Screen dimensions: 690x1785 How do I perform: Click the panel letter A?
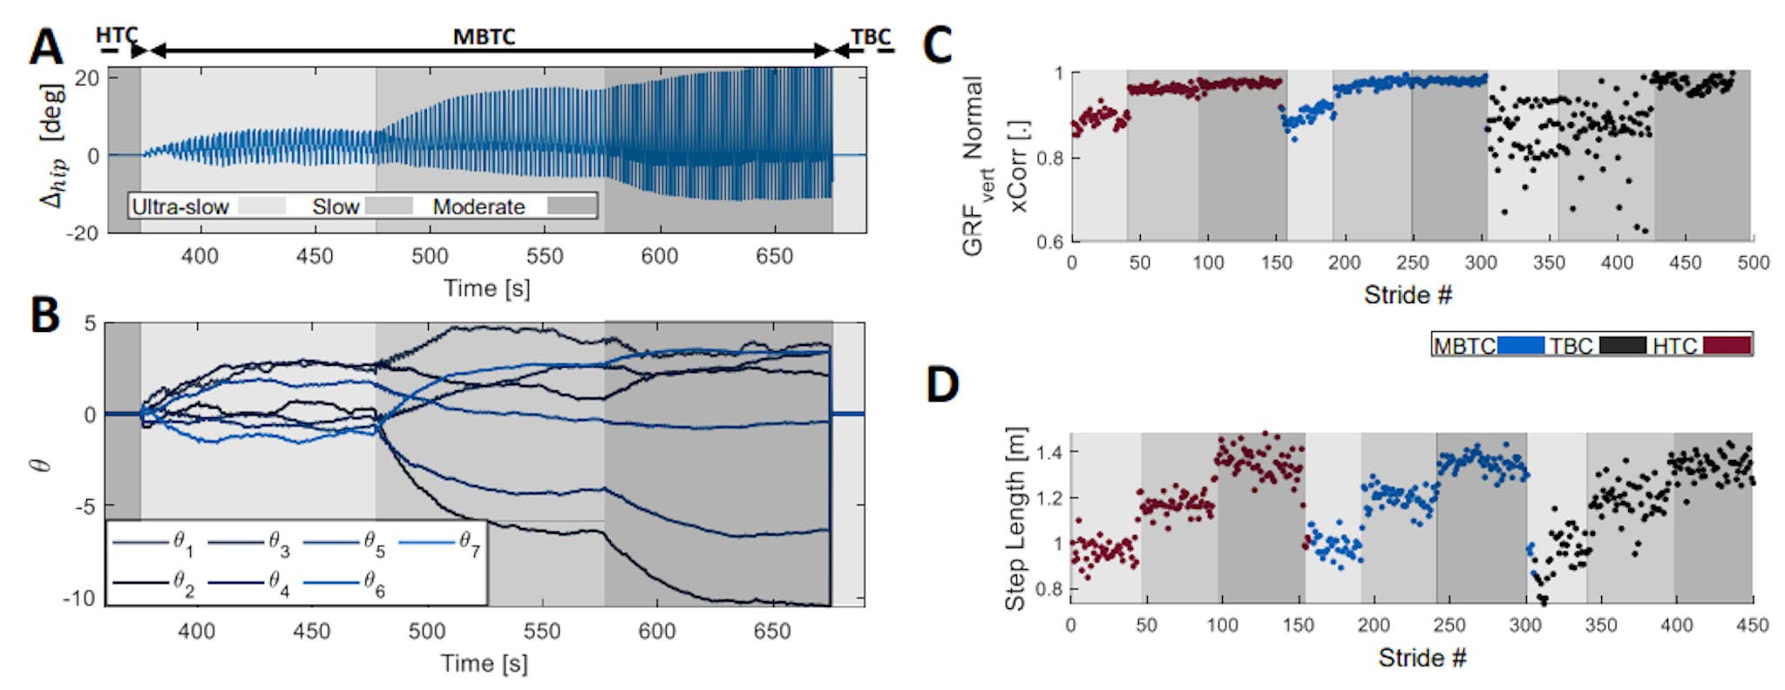pos(45,47)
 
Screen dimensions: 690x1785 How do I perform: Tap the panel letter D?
pos(942,385)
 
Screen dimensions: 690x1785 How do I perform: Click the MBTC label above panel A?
pos(484,37)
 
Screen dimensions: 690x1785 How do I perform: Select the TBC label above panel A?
pos(871,37)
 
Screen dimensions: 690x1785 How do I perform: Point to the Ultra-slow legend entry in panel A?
pos(180,206)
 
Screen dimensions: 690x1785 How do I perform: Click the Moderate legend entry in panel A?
pos(478,206)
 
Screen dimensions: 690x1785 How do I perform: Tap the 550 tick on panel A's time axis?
pos(544,256)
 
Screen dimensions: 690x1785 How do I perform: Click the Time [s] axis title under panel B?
pos(484,664)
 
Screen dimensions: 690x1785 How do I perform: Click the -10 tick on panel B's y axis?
pos(79,599)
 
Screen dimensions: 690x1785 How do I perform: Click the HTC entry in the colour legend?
pos(1674,346)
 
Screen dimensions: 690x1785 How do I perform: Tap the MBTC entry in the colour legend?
pos(1464,346)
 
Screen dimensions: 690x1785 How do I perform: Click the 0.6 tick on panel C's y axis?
pos(1049,241)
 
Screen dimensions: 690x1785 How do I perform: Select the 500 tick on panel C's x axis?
pos(1753,263)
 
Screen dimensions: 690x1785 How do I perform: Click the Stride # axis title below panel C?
pos(1408,295)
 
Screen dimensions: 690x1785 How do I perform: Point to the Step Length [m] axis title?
pos(1015,518)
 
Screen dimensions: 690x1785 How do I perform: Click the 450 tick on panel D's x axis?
pos(1752,625)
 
